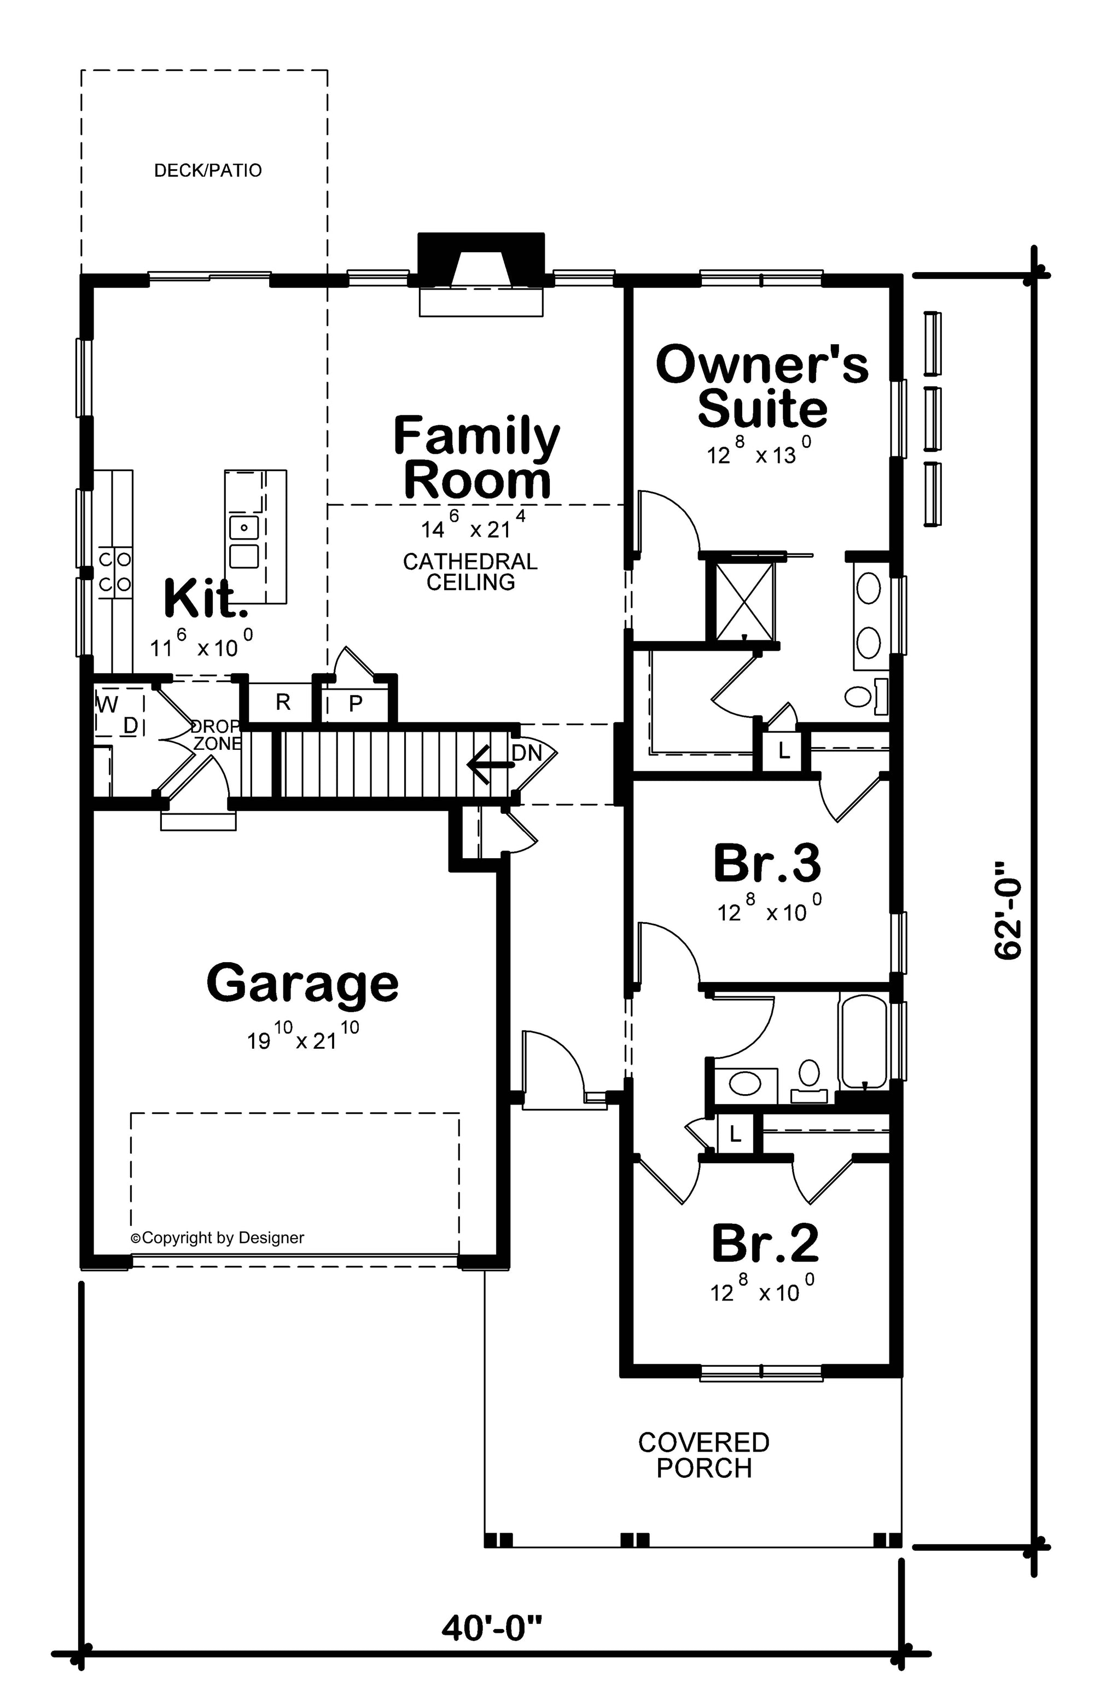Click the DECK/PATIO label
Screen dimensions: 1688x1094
208,170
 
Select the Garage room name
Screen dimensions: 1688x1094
302,983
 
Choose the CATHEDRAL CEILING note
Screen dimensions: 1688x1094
470,571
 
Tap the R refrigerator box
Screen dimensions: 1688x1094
282,702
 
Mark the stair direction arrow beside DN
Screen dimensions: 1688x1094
489,765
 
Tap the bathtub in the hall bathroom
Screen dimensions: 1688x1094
863,1042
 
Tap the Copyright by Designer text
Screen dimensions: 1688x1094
218,1238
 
